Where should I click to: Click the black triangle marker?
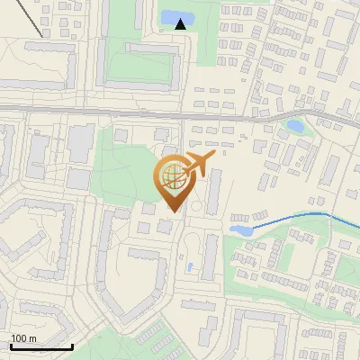pyautogui.click(x=180, y=23)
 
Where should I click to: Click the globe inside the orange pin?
pyautogui.click(x=170, y=176)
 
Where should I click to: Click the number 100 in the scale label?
pyautogui.click(x=19, y=338)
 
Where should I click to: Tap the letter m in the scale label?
pyautogui.click(x=32, y=338)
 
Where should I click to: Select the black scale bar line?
pyautogui.click(x=41, y=346)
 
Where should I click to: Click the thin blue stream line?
pyautogui.click(x=297, y=217)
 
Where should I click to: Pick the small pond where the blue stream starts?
pyautogui.click(x=240, y=230)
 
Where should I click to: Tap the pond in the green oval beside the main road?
pyautogui.click(x=294, y=126)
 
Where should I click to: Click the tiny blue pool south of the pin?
pyautogui.click(x=189, y=266)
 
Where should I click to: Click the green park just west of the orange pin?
pyautogui.click(x=126, y=171)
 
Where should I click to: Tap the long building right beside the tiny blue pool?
pyautogui.click(x=210, y=256)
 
